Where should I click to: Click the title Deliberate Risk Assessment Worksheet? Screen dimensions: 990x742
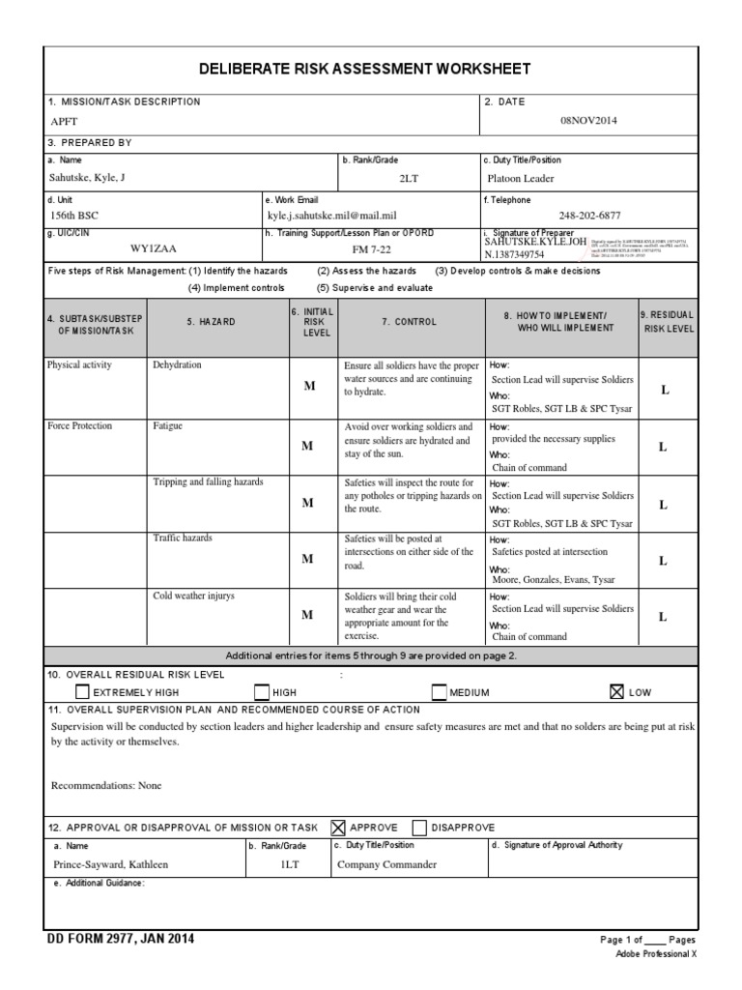(x=364, y=69)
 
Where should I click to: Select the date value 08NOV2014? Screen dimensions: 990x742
(x=588, y=121)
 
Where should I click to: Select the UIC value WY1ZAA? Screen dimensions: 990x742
(x=155, y=248)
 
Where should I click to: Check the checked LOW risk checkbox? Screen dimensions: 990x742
(x=616, y=691)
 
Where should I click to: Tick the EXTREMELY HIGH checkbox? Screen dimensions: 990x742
(x=82, y=691)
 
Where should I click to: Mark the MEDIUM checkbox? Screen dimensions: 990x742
(x=439, y=691)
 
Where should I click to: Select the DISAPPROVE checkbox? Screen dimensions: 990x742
(x=419, y=828)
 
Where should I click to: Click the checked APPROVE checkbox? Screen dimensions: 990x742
(x=338, y=828)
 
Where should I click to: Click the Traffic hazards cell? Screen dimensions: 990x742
(x=183, y=538)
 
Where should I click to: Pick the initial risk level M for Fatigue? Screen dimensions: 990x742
(x=308, y=446)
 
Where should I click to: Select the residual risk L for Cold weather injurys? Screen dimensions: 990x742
(x=664, y=616)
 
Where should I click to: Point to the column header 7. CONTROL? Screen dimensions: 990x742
(x=410, y=322)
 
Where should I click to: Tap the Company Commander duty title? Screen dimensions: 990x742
(x=386, y=864)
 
